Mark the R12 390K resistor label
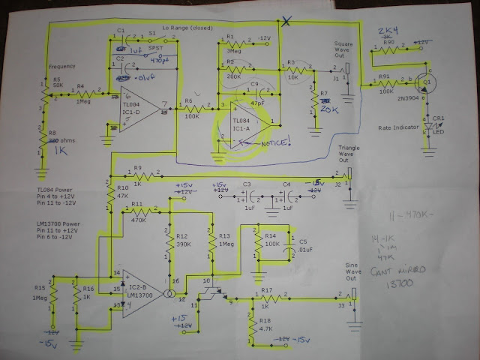click(x=185, y=241)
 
